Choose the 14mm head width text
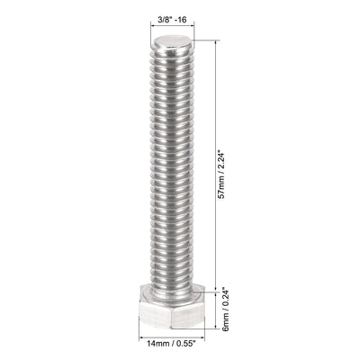point(153,343)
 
